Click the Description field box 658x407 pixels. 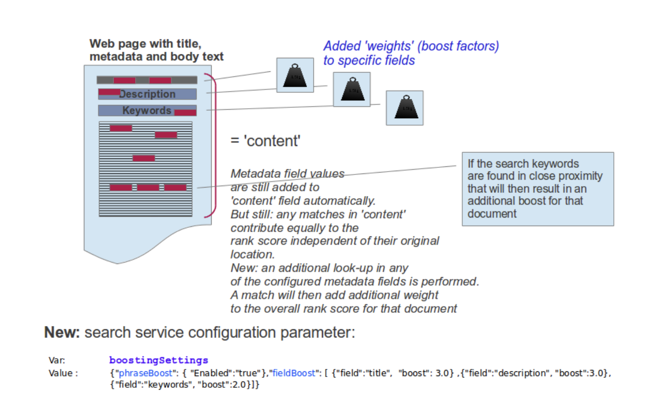tap(147, 94)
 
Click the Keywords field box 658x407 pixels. tap(147, 111)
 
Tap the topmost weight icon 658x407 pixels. tap(295, 75)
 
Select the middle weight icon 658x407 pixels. tap(352, 89)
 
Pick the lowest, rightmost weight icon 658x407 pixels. tap(405, 108)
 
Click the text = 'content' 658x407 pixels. tap(265, 141)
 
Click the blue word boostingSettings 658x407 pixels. tap(159, 360)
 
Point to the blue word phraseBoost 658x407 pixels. tap(146, 373)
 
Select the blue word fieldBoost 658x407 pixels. tap(294, 373)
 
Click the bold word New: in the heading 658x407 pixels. tap(62, 332)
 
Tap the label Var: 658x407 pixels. tap(57, 360)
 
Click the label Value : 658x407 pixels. tap(63, 373)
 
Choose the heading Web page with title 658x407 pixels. tap(145, 44)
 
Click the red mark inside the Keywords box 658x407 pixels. tap(185, 113)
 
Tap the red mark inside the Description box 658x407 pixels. tap(109, 92)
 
